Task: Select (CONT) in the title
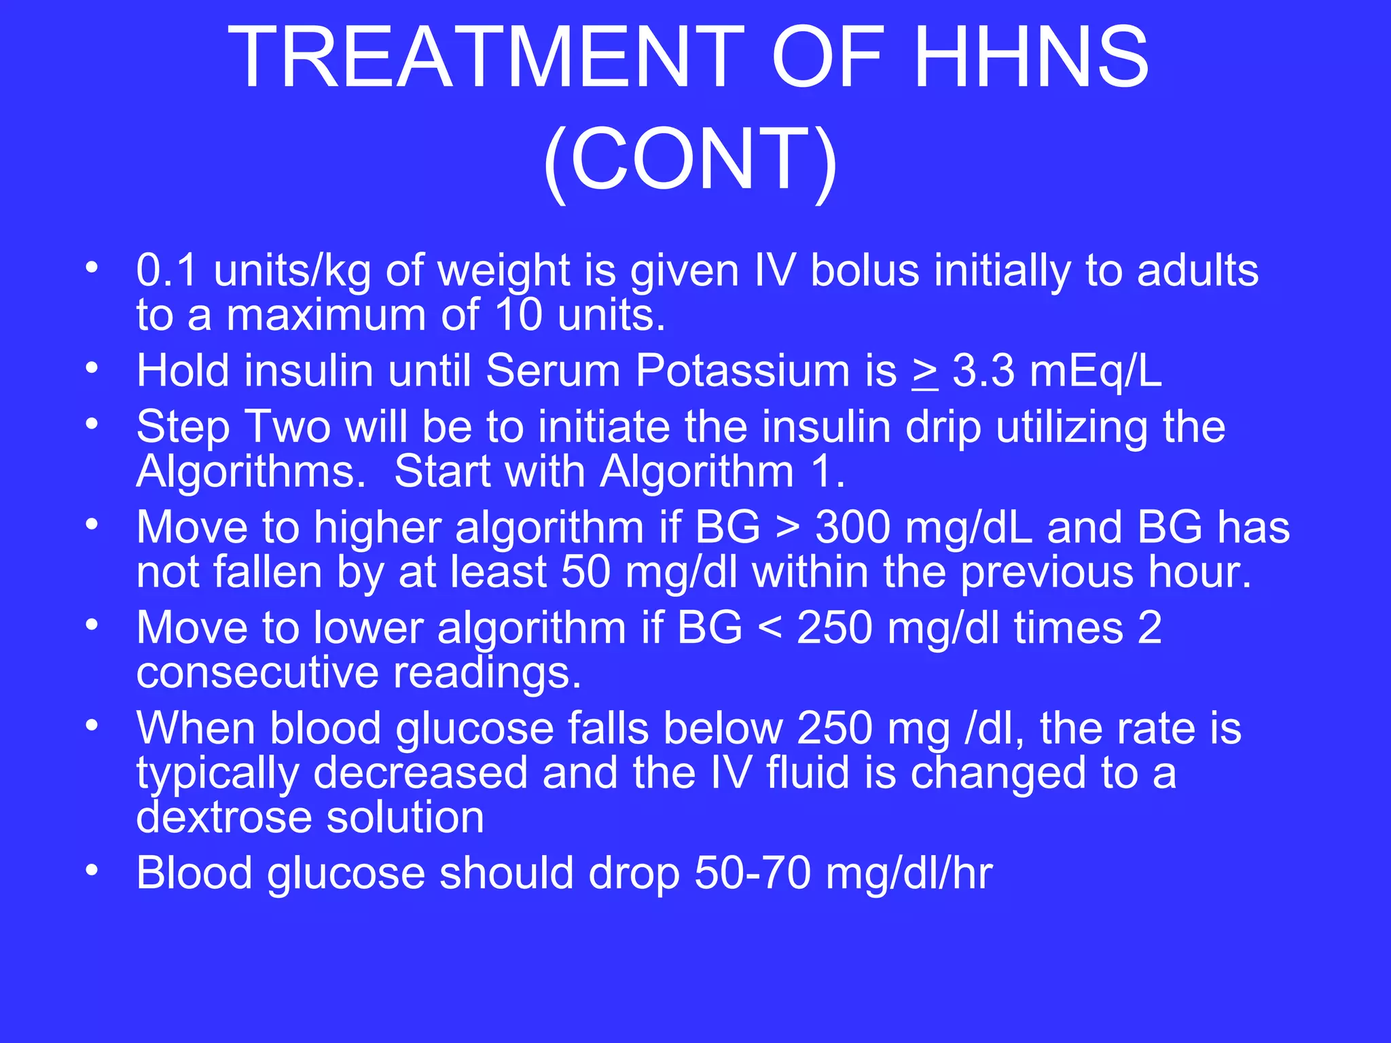tap(690, 160)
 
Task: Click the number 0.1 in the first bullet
tap(167, 270)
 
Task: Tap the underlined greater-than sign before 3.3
tap(925, 372)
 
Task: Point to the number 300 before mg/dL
tap(853, 527)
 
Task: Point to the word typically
tap(217, 773)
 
